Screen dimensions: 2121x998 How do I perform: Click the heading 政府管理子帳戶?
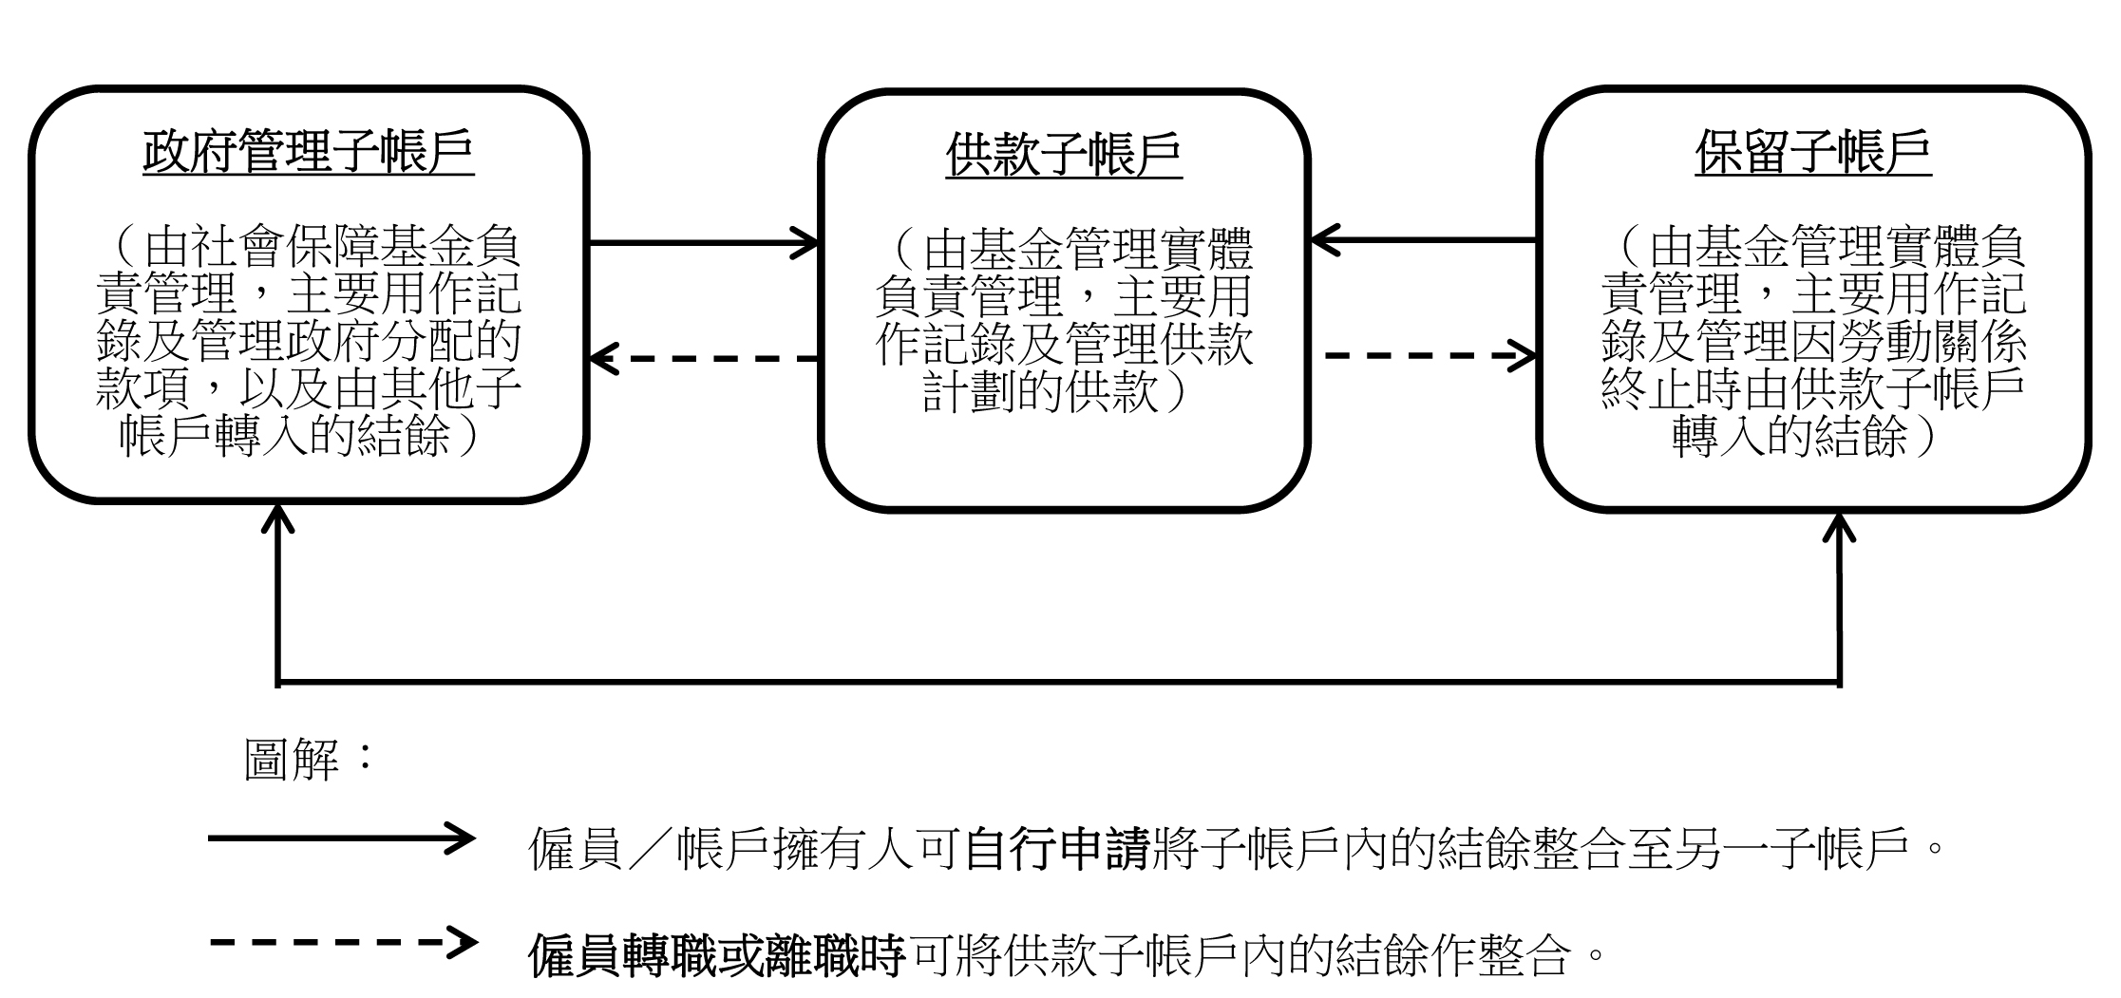tap(309, 152)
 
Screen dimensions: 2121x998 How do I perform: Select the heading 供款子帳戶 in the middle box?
tap(1064, 154)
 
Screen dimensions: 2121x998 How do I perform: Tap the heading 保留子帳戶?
tap(1813, 152)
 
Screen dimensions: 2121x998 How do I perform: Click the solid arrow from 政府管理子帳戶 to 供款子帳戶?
tap(704, 242)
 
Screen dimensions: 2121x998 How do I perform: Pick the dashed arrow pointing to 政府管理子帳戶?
tap(704, 359)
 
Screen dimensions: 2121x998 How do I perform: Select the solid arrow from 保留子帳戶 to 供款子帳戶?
tap(1424, 239)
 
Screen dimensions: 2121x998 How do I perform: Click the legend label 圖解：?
tap(310, 760)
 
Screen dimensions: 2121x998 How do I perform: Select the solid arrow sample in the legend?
tap(341, 838)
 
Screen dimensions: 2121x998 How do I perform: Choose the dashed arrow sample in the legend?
tap(341, 943)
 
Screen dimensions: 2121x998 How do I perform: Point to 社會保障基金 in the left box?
tap(309, 249)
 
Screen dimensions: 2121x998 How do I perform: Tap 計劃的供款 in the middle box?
tap(1040, 390)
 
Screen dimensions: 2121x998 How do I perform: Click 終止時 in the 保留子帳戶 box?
tap(1672, 390)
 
